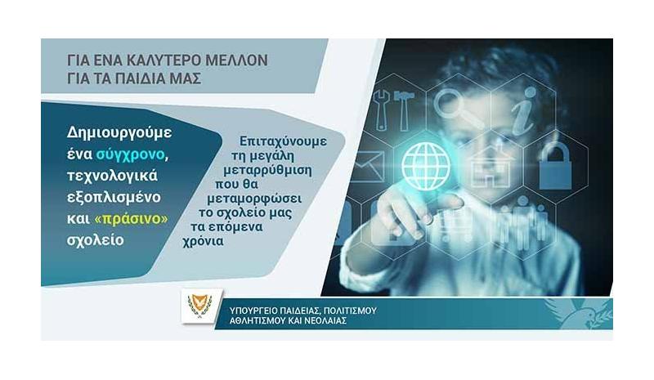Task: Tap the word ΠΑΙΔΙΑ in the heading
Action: coord(138,78)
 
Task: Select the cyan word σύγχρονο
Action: coord(131,154)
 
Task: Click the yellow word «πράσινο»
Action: coord(132,218)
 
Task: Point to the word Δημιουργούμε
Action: coord(119,132)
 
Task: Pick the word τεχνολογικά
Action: coord(112,176)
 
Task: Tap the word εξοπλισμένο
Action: coord(114,197)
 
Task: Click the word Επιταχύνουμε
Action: coord(283,141)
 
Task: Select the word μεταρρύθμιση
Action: coord(268,170)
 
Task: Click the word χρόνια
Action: coord(203,241)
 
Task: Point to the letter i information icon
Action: coord(523,111)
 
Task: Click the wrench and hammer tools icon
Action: coord(394,110)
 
